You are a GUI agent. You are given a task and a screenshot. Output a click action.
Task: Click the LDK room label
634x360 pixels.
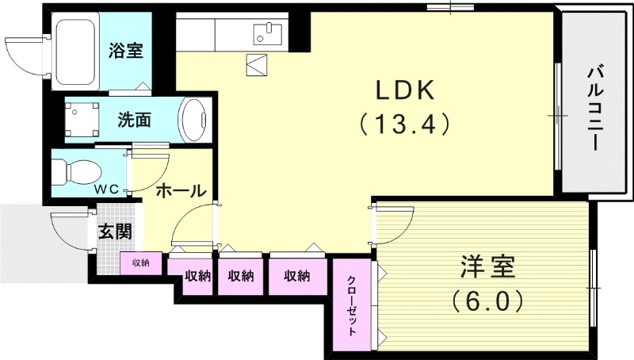pos(404,90)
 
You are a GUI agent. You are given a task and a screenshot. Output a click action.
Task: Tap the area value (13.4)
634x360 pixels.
pos(404,124)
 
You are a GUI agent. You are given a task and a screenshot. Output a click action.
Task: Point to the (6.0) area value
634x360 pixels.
pos(487,301)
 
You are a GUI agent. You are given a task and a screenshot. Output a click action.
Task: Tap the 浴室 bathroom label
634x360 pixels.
pos(125,51)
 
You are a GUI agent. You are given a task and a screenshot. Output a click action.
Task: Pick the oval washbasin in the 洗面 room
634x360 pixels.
pos(194,121)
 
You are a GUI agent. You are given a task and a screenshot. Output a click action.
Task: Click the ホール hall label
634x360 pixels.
pos(181,190)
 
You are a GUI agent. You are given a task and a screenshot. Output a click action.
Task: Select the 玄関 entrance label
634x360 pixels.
pos(115,232)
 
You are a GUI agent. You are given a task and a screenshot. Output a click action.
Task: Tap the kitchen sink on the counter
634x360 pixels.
pos(268,33)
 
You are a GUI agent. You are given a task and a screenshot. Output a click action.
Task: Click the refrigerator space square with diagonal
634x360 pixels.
pos(258,64)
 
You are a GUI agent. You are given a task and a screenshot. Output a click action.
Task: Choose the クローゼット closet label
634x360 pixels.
pos(352,305)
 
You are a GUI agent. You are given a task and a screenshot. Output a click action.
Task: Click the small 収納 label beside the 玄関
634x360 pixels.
pos(141,262)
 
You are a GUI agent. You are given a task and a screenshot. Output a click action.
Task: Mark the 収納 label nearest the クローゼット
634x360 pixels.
pos(296,276)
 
